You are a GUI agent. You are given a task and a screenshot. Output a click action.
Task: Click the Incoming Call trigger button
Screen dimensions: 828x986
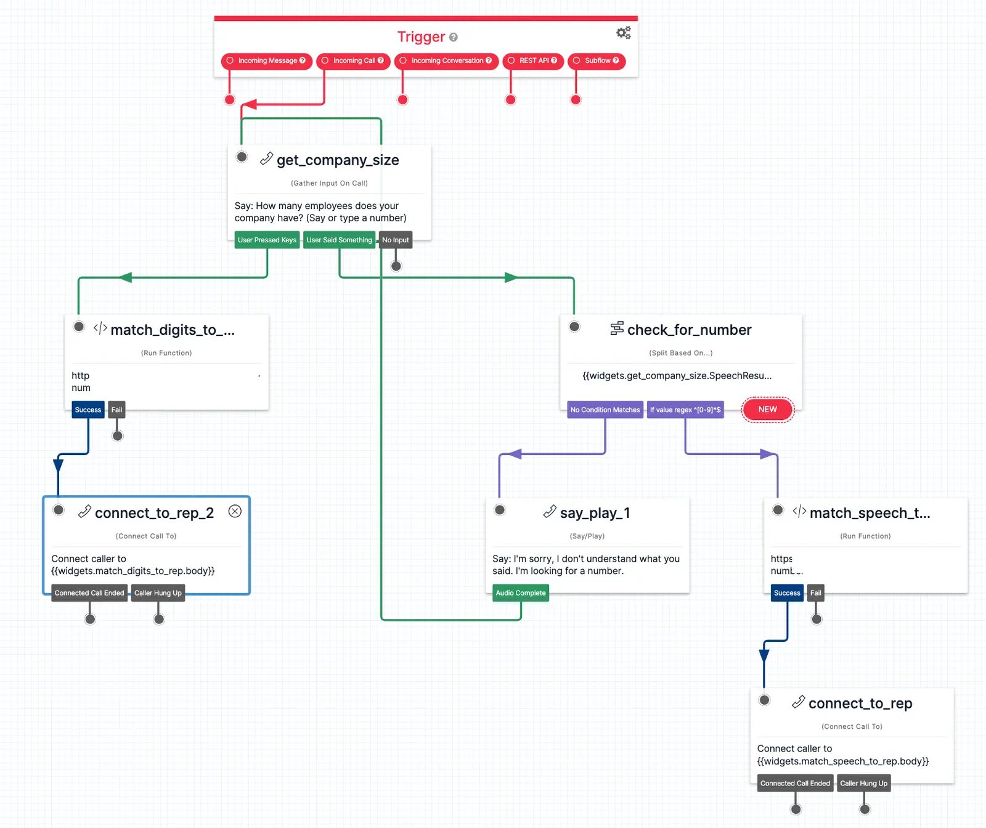pos(353,60)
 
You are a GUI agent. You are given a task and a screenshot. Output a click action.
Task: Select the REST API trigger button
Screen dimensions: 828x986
pos(534,60)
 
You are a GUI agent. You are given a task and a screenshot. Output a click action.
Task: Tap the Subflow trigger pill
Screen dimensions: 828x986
pos(597,60)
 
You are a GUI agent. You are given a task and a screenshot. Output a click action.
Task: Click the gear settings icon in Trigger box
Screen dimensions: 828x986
pos(623,33)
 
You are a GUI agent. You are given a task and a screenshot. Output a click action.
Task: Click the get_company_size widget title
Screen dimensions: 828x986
pos(338,160)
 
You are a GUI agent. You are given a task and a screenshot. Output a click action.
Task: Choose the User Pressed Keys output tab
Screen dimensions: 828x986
pos(267,240)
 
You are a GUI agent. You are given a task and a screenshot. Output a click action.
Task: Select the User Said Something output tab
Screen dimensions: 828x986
pos(339,240)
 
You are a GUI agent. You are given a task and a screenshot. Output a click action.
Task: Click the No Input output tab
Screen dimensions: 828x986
pos(395,240)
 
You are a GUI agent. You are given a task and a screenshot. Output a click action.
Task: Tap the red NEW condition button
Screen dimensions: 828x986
pos(767,409)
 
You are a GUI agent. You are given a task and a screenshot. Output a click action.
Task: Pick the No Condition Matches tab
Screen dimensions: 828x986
pos(605,409)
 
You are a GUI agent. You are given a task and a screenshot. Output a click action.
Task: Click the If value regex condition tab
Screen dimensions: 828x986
pos(685,409)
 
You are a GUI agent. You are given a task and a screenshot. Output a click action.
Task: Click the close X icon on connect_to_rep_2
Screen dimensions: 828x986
pos(235,511)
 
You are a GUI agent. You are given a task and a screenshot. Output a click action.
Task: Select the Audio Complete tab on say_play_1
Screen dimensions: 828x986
pos(520,593)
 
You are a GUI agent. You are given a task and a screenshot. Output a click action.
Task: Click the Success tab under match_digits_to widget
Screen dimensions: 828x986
pos(88,409)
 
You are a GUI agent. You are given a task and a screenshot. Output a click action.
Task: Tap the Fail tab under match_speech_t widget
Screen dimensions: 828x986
pos(815,593)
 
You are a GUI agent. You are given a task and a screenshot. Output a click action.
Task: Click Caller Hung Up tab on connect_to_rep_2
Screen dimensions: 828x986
pos(158,593)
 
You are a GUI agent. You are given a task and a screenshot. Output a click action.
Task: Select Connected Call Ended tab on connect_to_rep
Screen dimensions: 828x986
pos(795,784)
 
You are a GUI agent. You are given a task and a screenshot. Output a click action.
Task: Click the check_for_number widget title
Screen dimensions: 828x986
pos(689,330)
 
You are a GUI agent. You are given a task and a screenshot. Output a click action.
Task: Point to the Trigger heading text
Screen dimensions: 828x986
pos(421,37)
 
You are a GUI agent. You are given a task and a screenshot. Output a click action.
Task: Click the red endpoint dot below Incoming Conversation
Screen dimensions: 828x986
pos(402,99)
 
